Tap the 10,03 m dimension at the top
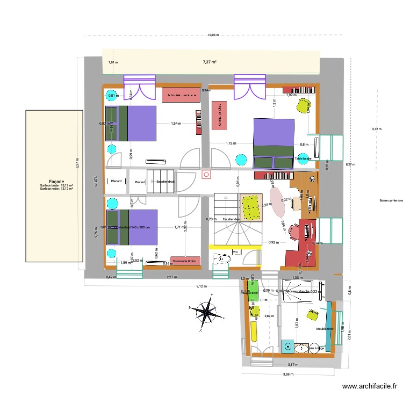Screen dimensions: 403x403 pyautogui.click(x=213, y=35)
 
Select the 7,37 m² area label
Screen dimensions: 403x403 pyautogui.click(x=210, y=62)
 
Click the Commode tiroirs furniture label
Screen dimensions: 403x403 pyautogui.click(x=185, y=261)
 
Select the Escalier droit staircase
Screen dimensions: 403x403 pyautogui.click(x=161, y=182)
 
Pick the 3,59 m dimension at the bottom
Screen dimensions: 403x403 pyautogui.click(x=290, y=375)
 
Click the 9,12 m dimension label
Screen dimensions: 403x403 pyautogui.click(x=200, y=286)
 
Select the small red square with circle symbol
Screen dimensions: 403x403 pyautogui.click(x=205, y=175)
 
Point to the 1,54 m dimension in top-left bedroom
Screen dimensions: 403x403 pyautogui.click(x=176, y=124)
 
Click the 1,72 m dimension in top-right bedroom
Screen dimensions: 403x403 pyautogui.click(x=231, y=143)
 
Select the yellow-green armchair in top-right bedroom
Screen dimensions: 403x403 pyautogui.click(x=304, y=105)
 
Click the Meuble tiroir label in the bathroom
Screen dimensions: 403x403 pyautogui.click(x=325, y=329)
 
